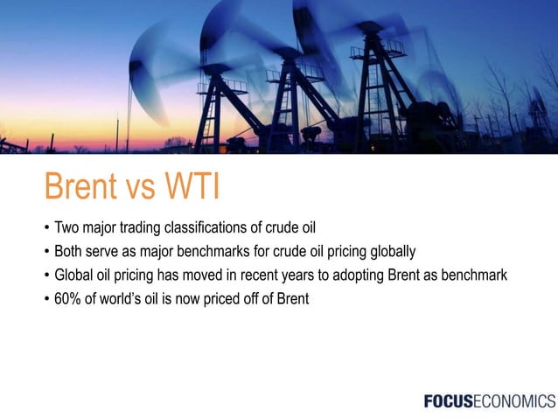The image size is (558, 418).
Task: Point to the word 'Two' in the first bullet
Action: [66, 230]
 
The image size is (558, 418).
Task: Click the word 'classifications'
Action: [215, 230]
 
